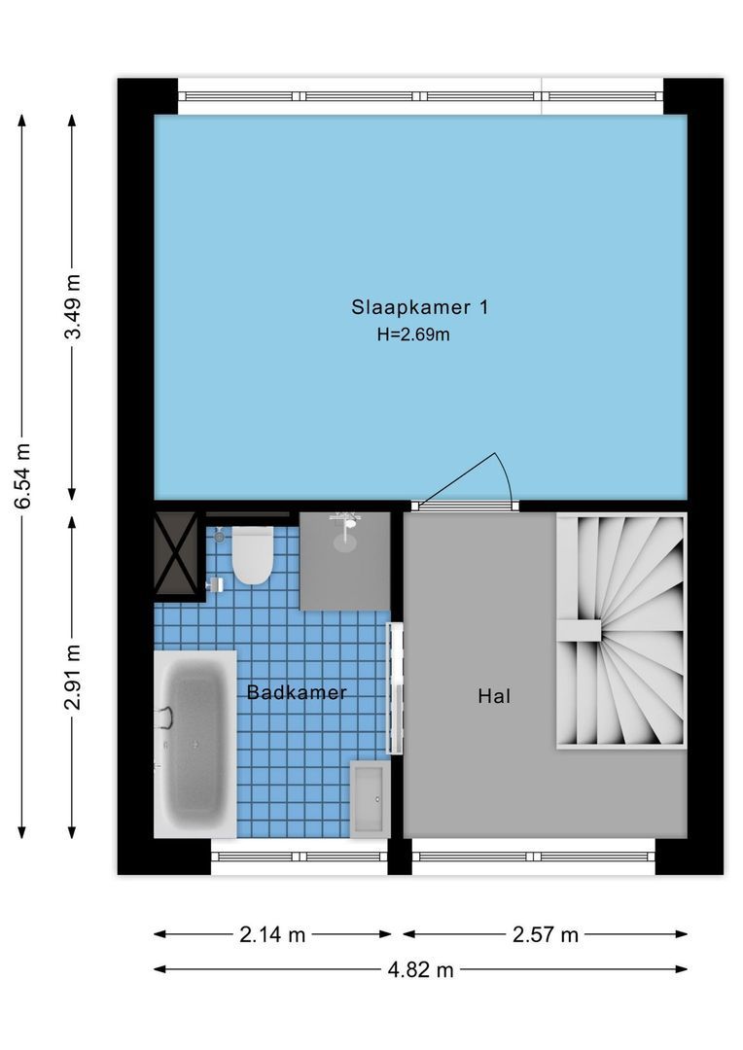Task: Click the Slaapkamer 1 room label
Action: click(420, 307)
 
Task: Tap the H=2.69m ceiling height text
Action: click(413, 334)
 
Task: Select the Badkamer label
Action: click(297, 692)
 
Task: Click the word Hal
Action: click(494, 696)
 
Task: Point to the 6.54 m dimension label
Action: click(22, 476)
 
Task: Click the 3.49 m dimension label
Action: click(73, 306)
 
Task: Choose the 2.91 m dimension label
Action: click(73, 677)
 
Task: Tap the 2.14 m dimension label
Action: click(272, 934)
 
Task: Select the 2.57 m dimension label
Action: click(546, 934)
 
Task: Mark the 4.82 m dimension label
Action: click(421, 969)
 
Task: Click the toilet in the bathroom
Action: click(252, 555)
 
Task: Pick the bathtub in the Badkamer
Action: click(195, 744)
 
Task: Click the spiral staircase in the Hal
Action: click(621, 630)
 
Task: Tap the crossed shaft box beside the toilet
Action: click(176, 553)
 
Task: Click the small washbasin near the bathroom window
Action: click(370, 799)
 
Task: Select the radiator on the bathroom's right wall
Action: click(395, 688)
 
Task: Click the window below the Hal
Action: click(533, 857)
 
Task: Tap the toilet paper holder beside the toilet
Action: click(216, 584)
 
